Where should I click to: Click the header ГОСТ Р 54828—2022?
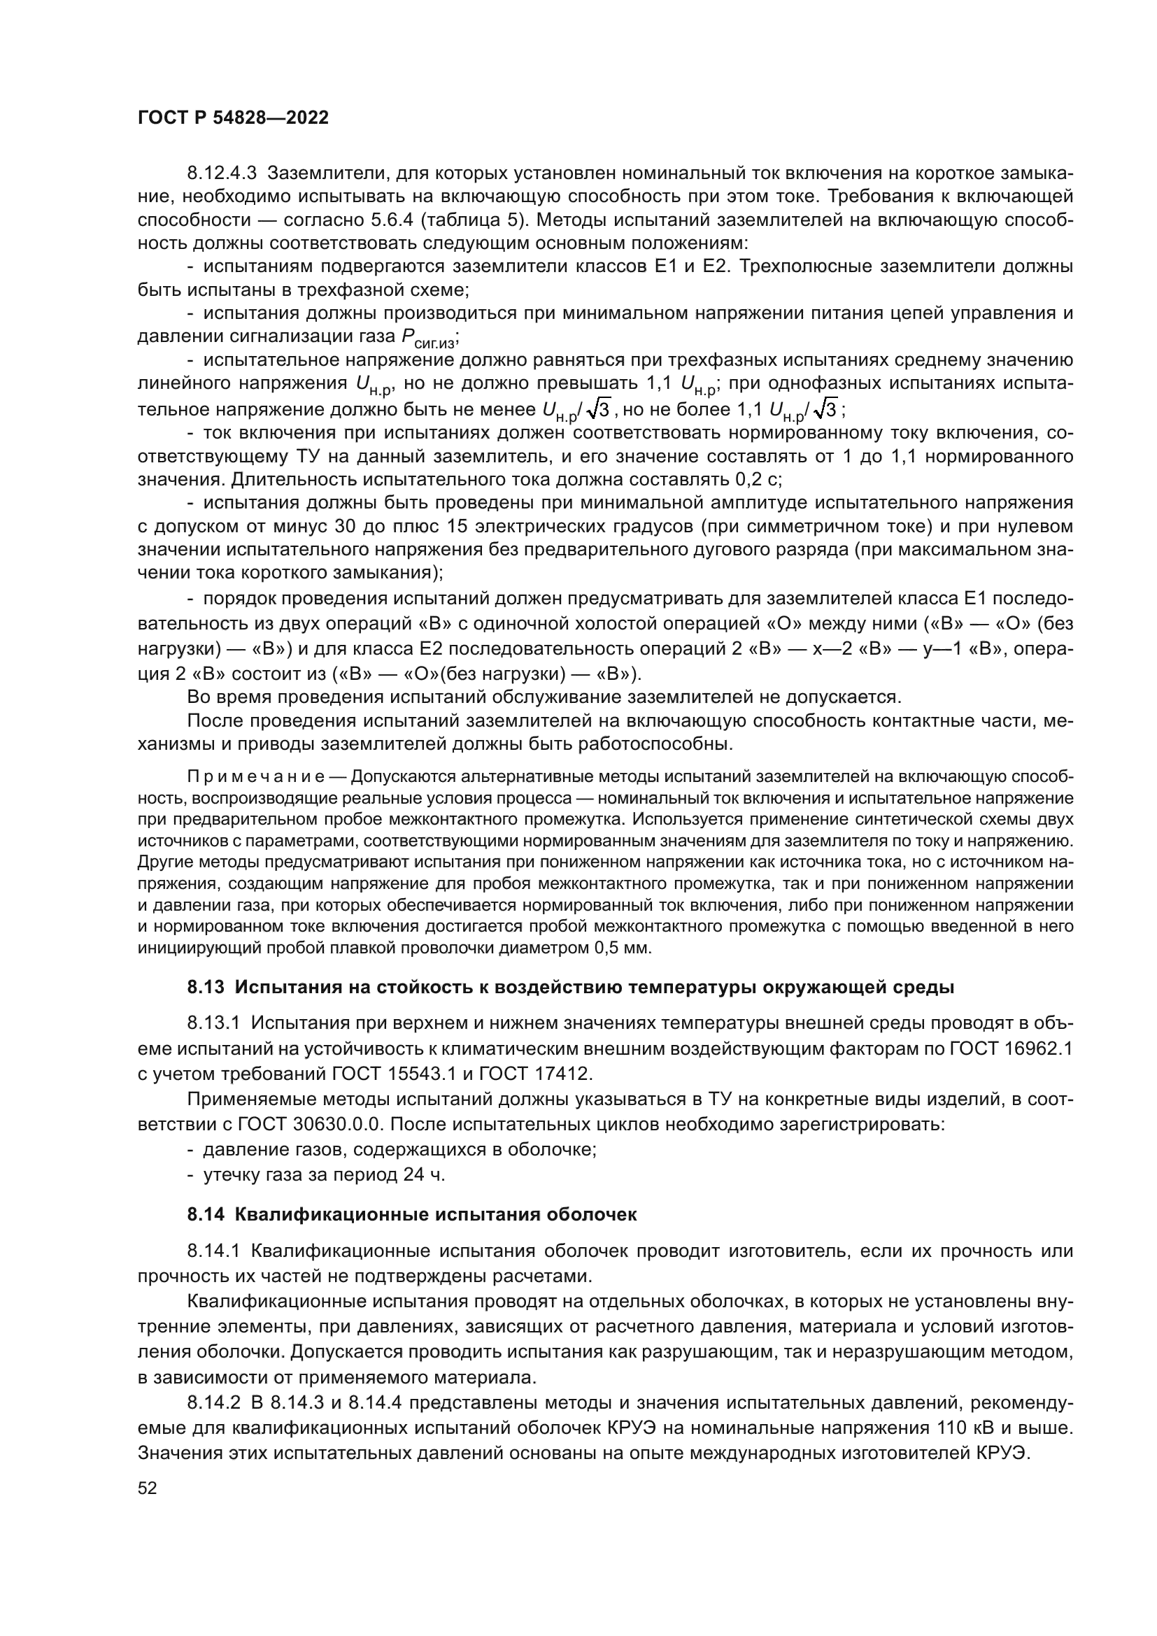233,118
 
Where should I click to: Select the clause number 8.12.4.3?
226,173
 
